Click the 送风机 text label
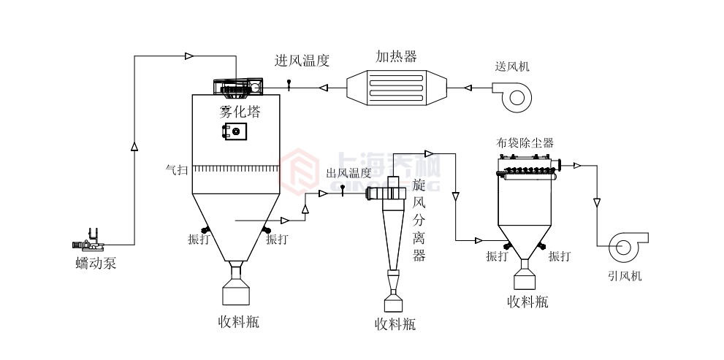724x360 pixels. tap(512, 66)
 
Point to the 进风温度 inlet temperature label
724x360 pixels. tap(302, 61)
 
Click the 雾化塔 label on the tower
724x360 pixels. tap(240, 112)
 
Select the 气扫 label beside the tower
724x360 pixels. tap(178, 170)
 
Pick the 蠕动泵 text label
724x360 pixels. tap(95, 264)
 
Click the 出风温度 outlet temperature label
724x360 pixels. tap(348, 173)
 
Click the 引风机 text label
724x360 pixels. tap(625, 276)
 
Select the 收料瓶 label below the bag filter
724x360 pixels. tap(527, 302)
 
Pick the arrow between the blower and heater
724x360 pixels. tap(469, 88)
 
